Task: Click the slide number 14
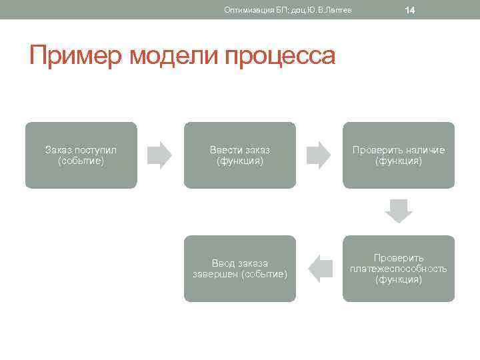[410, 10]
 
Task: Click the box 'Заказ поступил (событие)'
[81, 155]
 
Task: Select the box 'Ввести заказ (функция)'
[240, 155]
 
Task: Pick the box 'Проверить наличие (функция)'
[399, 155]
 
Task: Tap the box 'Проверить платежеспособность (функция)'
[399, 269]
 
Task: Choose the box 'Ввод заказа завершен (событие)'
[240, 269]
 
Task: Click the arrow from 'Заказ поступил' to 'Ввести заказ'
[160, 155]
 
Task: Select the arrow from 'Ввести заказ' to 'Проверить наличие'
[319, 155]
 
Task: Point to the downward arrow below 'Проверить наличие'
[399, 211]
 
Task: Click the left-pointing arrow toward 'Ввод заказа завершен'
[320, 268]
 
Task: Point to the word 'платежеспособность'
[399, 269]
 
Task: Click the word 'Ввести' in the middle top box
[224, 150]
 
